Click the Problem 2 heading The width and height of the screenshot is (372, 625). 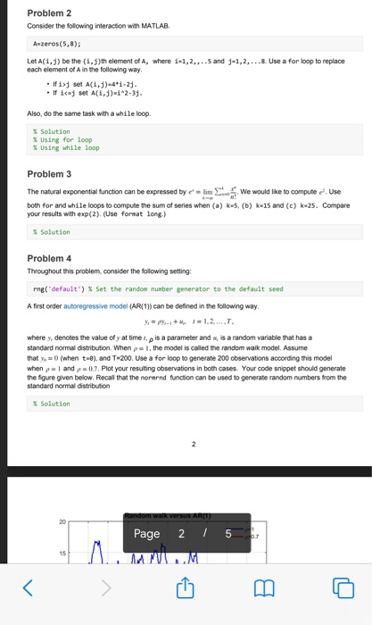coord(49,13)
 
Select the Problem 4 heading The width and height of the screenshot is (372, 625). coord(49,258)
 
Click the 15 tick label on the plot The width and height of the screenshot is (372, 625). coord(63,553)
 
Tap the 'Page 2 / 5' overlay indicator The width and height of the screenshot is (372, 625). coord(185,533)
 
